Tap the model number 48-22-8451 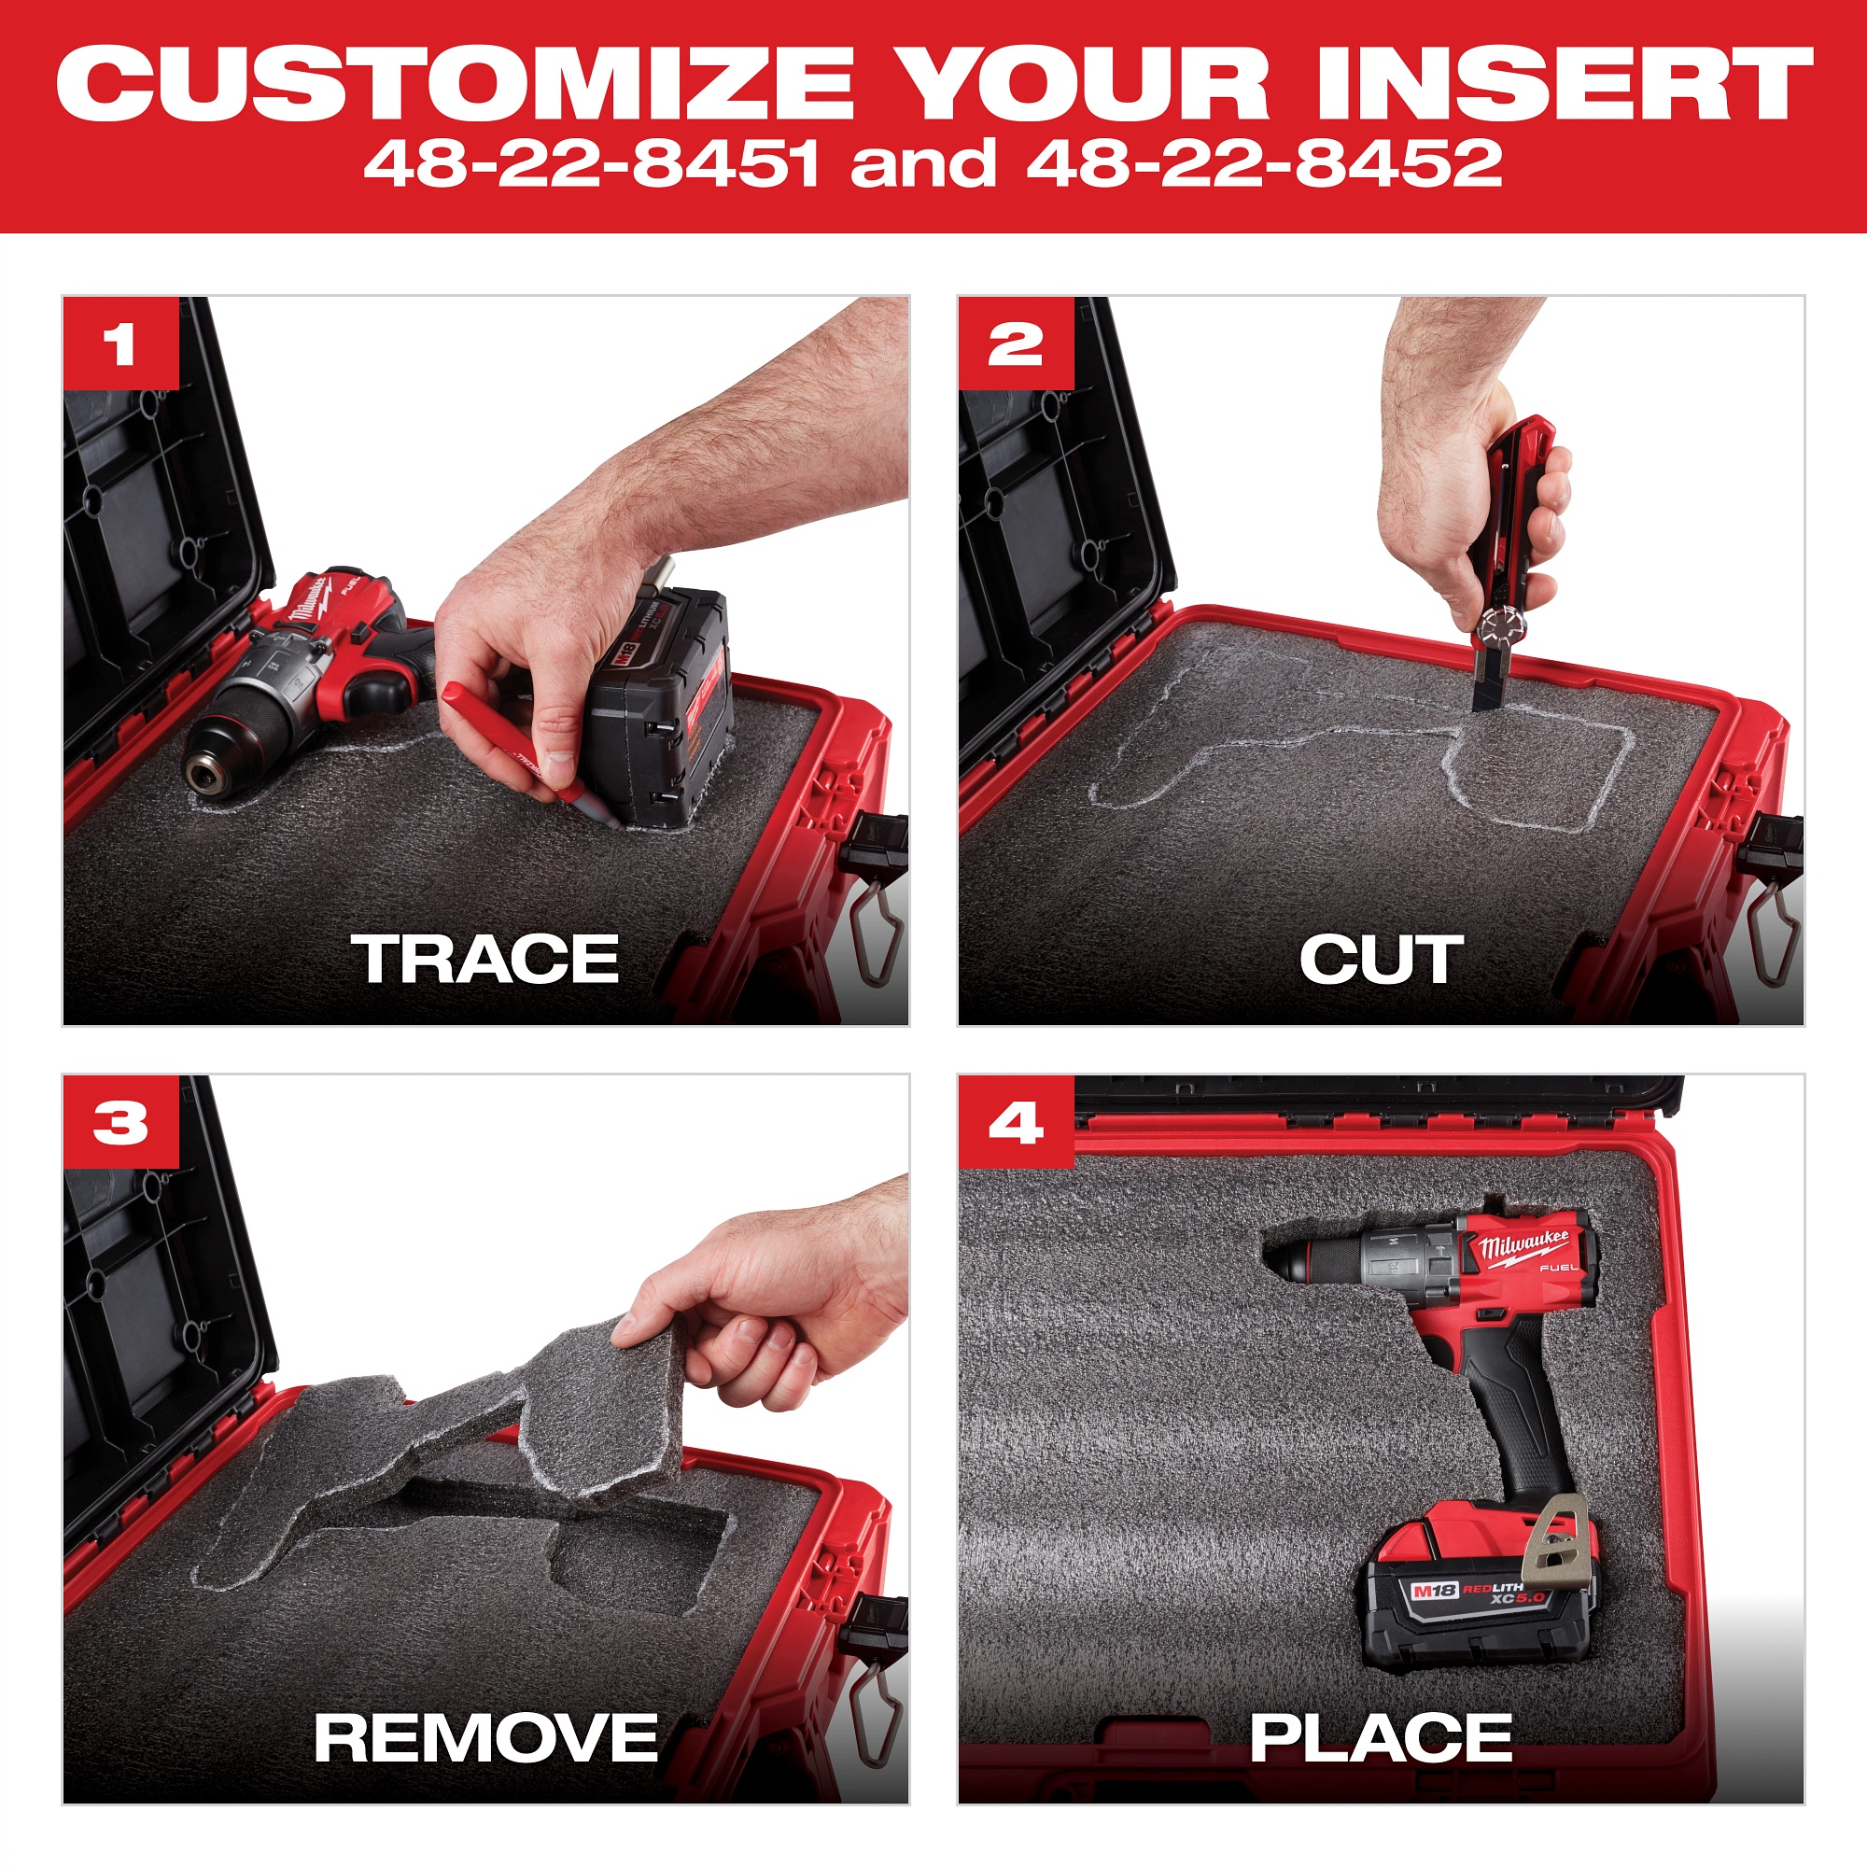click(591, 163)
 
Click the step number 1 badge click(120, 344)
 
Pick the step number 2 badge click(1016, 344)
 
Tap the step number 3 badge click(120, 1123)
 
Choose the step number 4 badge click(1016, 1123)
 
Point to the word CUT click(1381, 961)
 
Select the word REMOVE click(486, 1737)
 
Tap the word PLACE click(1381, 1737)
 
